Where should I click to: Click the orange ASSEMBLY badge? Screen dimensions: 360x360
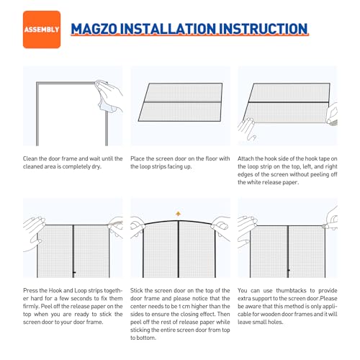tap(42, 30)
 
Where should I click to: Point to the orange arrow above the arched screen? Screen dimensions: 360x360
tap(179, 214)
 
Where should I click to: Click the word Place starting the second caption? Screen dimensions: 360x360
tap(140, 158)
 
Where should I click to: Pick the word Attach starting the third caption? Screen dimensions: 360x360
tap(249, 158)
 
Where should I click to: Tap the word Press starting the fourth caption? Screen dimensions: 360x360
tap(32, 292)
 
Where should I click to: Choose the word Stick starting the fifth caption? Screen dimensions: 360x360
tap(139, 292)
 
